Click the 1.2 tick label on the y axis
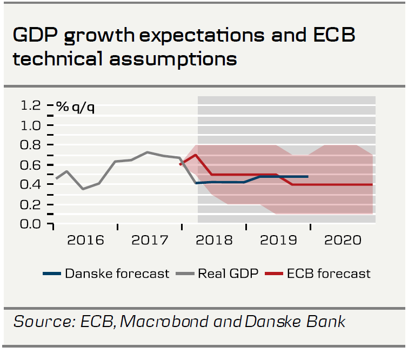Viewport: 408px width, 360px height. [31, 105]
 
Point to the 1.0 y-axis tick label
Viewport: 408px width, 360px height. [31, 125]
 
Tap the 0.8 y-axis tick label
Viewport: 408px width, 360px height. [31, 145]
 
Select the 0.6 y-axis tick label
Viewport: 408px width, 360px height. [31, 165]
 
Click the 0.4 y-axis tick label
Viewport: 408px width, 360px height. [31, 184]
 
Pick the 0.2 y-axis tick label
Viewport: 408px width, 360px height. [31, 204]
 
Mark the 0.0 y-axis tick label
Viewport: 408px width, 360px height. [31, 223]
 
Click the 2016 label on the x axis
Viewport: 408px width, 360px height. [85, 239]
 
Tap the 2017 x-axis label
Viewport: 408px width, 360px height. [150, 239]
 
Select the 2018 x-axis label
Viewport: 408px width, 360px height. [213, 239]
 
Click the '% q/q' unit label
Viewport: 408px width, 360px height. [76, 107]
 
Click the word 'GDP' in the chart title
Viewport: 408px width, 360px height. [35, 36]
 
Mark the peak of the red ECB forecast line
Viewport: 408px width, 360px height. [195, 155]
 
